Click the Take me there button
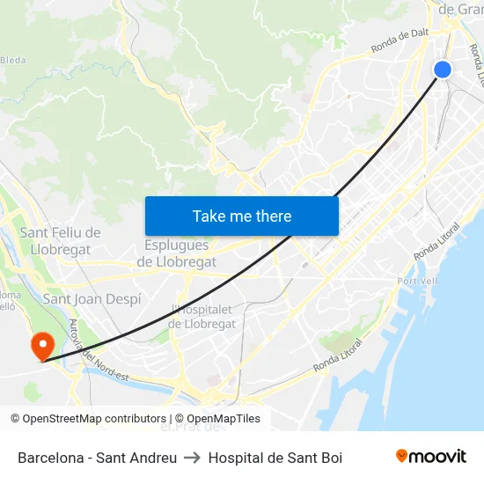pyautogui.click(x=242, y=216)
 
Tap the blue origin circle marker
pyautogui.click(x=443, y=70)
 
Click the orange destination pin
pyautogui.click(x=41, y=345)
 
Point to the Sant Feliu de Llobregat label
pyautogui.click(x=60, y=240)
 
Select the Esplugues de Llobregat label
pyautogui.click(x=177, y=253)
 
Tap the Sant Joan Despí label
pyautogui.click(x=92, y=299)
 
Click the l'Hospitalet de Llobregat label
pyautogui.click(x=202, y=317)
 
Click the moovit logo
pyautogui.click(x=430, y=457)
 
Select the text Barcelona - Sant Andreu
pyautogui.click(x=97, y=458)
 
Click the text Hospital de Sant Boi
pyautogui.click(x=275, y=458)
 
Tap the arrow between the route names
pyautogui.click(x=193, y=458)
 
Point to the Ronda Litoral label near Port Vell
pyautogui.click(x=436, y=242)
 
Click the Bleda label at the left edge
pyautogui.click(x=12, y=60)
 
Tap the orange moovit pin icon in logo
pyautogui.click(x=402, y=457)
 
